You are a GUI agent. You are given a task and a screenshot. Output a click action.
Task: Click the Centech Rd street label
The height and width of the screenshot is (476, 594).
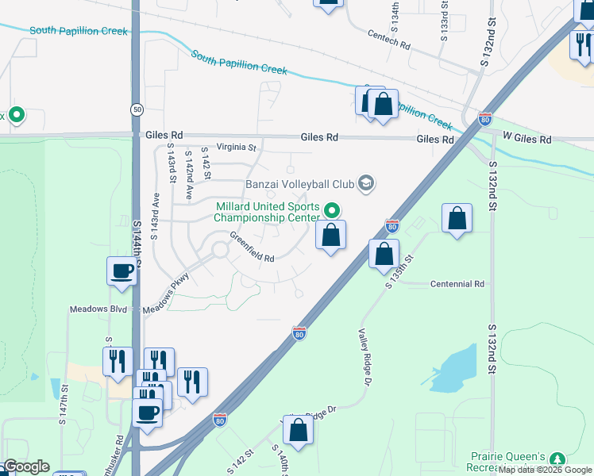[x=389, y=40]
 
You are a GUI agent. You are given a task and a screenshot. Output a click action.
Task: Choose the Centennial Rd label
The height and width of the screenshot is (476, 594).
[x=457, y=283]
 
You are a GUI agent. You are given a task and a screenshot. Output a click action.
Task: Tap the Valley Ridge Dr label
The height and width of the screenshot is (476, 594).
[x=365, y=358]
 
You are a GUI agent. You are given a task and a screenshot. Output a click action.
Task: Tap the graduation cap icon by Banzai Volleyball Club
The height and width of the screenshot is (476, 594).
[x=365, y=184]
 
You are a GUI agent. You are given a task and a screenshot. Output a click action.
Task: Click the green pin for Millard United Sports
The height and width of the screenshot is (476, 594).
[x=332, y=210]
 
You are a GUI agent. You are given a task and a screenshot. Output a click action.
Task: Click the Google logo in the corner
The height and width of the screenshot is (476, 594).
[x=26, y=466]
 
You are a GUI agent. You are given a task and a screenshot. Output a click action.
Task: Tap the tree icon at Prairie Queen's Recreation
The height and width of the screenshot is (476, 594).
[x=557, y=459]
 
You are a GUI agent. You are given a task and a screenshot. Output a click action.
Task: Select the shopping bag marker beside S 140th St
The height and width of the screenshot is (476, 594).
[x=298, y=430]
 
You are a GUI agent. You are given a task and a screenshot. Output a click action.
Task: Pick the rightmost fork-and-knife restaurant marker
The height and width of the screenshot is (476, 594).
[x=193, y=382]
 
